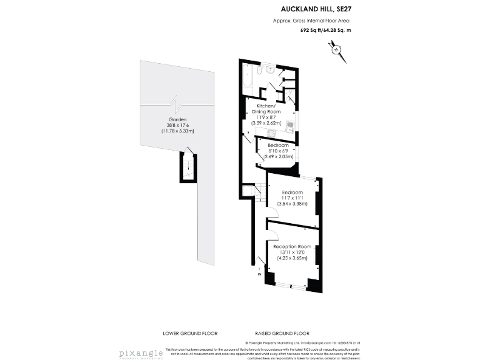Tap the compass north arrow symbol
click(338, 51)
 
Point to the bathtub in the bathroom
click(247, 79)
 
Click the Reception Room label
click(292, 246)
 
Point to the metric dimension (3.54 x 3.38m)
click(292, 203)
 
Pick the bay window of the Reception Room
click(292, 286)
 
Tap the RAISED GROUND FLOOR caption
click(282, 333)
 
